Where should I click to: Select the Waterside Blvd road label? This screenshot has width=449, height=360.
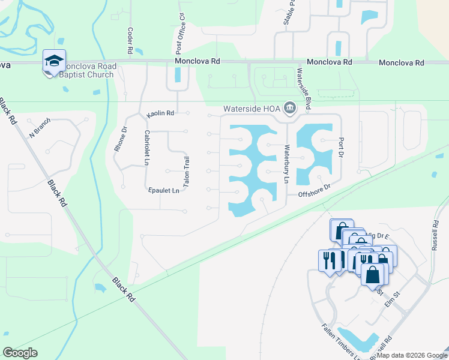(303, 89)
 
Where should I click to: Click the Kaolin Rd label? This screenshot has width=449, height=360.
(161, 113)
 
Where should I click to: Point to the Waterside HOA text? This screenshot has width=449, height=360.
(252, 109)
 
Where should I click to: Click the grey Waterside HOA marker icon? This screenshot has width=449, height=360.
(290, 108)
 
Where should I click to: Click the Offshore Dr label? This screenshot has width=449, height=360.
(315, 191)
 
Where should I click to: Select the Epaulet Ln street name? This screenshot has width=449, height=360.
(164, 191)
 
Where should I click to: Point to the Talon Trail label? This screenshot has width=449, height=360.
(187, 173)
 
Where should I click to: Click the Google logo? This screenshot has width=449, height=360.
(20, 352)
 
